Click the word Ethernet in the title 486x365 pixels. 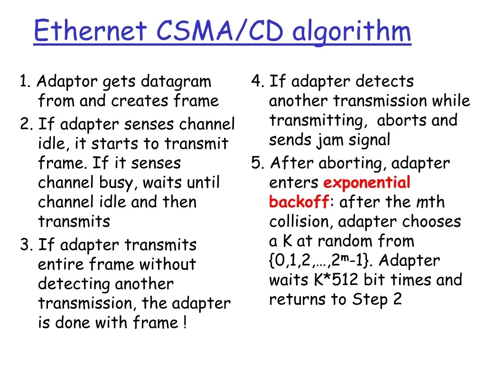pos(90,30)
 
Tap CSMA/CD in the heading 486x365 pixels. pos(220,30)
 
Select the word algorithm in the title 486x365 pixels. pos(352,32)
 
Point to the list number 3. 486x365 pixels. pos(26,245)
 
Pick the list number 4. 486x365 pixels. pos(257,81)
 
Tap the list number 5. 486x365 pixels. pos(258,163)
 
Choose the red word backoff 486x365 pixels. pos(299,202)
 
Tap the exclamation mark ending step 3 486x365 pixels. pos(185,322)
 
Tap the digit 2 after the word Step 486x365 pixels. pos(397,299)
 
